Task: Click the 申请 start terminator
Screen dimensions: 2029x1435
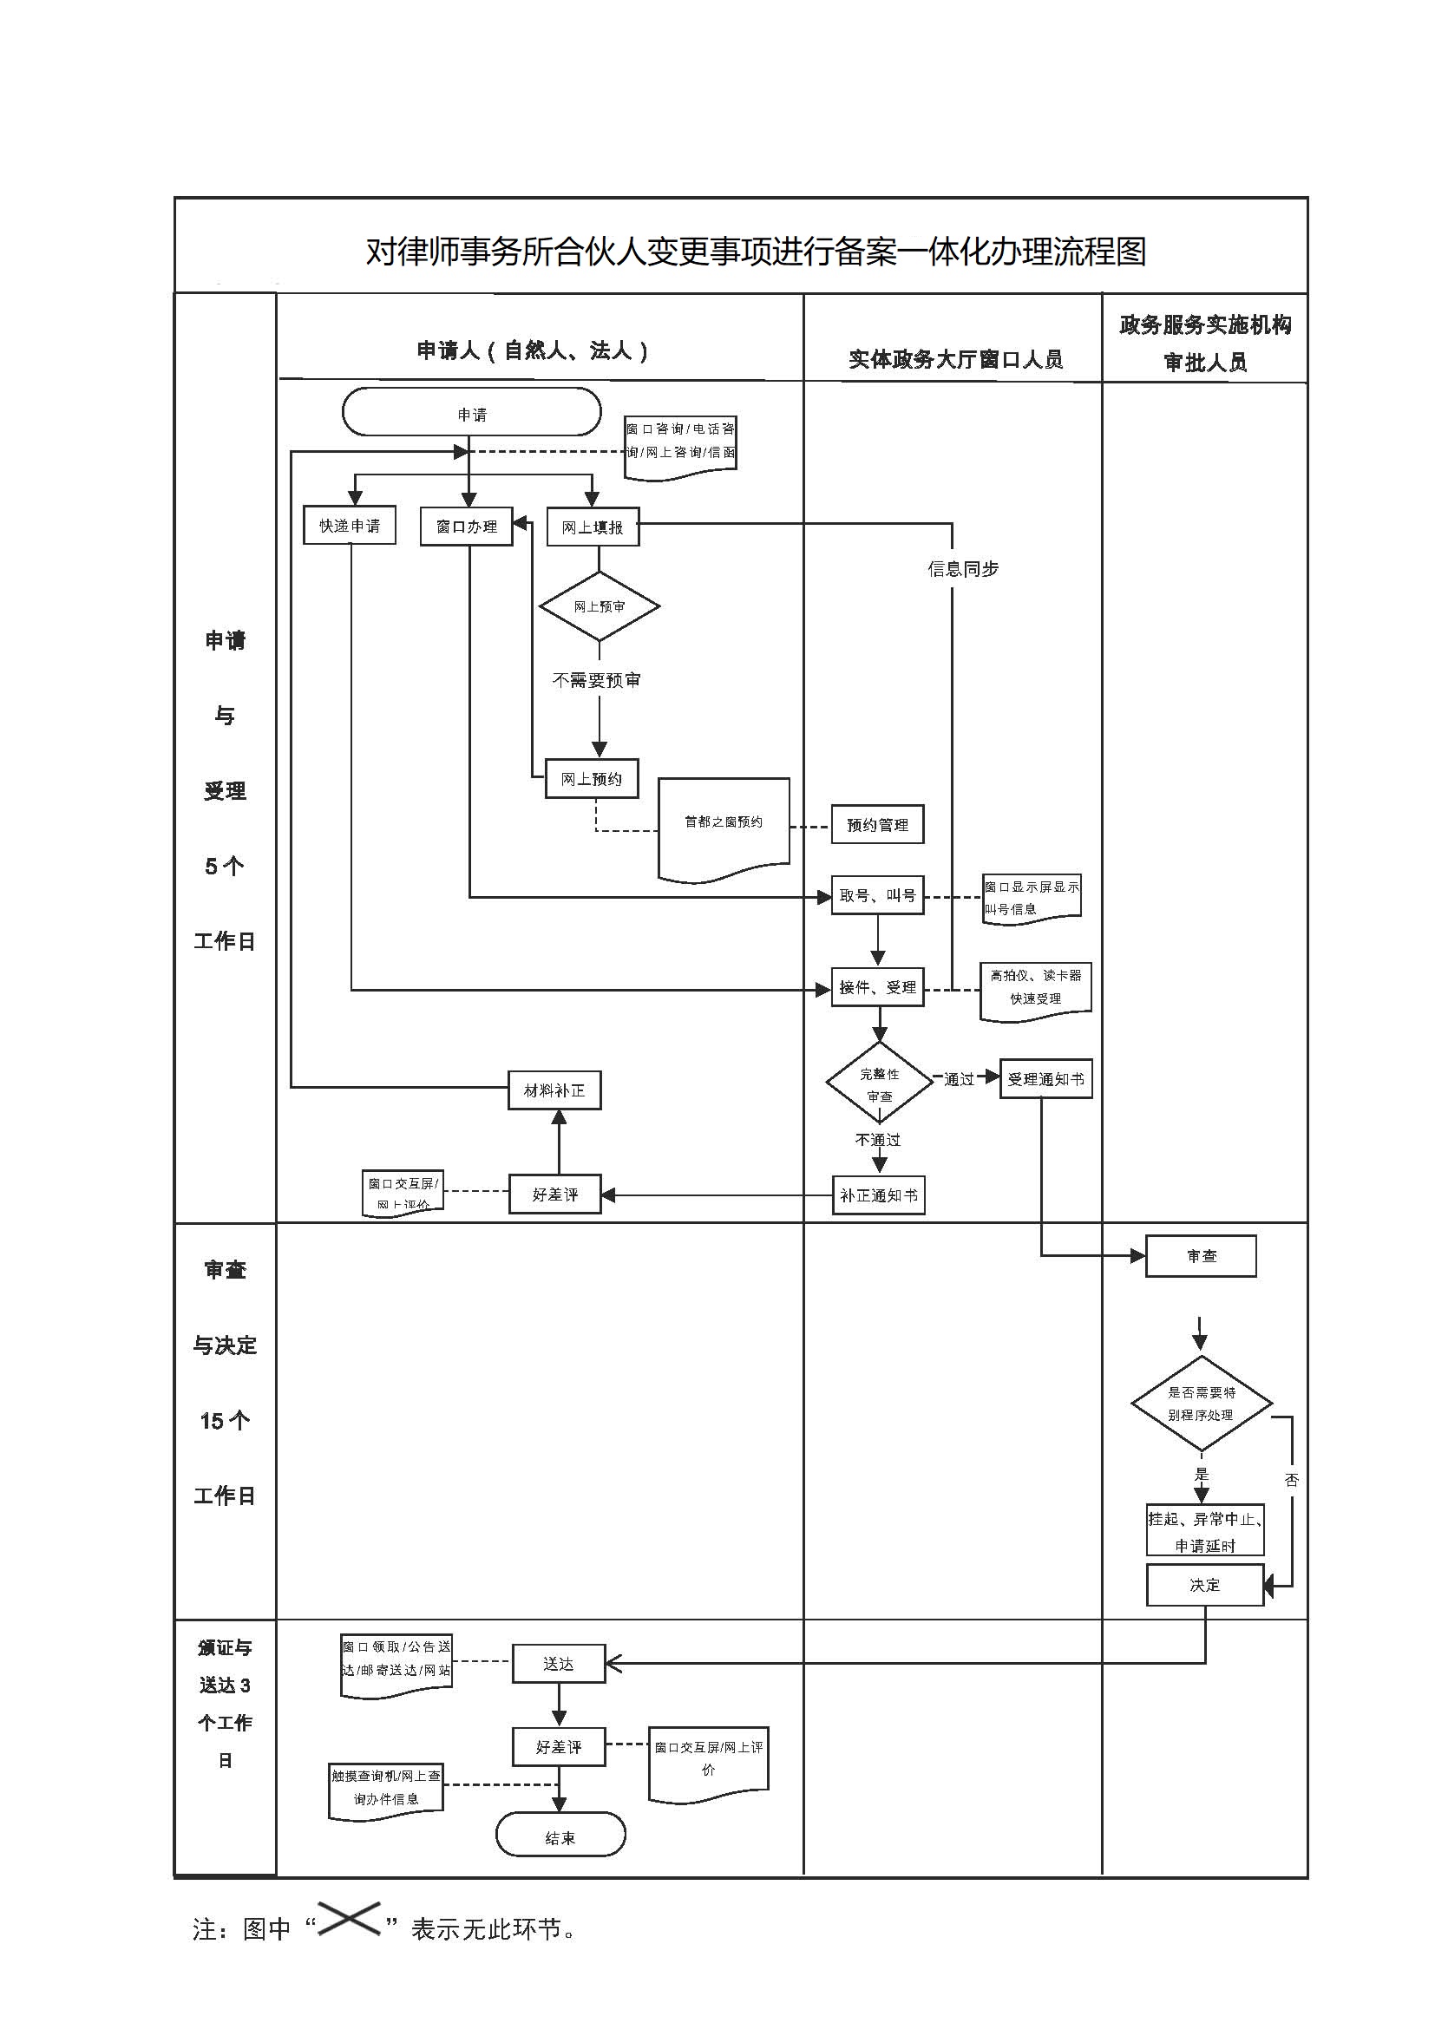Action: [x=471, y=413]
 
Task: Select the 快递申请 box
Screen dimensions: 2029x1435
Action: [x=349, y=526]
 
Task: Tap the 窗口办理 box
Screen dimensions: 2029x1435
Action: [x=467, y=527]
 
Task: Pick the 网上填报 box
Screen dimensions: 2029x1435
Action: [x=593, y=527]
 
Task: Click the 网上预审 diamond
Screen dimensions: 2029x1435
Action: [x=600, y=606]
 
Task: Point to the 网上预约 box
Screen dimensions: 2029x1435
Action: [x=591, y=778]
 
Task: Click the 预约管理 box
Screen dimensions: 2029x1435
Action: [x=877, y=824]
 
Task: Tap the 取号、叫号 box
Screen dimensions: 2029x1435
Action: [x=877, y=895]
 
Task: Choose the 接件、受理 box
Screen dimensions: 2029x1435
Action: [x=877, y=987]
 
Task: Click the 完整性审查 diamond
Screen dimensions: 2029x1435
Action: [x=879, y=1083]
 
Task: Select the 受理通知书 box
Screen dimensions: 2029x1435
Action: [x=1045, y=1079]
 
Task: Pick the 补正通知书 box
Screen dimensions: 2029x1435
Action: [x=878, y=1194]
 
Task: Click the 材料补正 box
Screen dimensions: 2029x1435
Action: [x=555, y=1090]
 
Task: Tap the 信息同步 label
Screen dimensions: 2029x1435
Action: [x=962, y=569]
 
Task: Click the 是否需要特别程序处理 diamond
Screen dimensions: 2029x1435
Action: [x=1201, y=1404]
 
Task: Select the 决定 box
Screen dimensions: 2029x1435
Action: [x=1204, y=1586]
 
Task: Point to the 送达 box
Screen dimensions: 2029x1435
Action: [x=559, y=1664]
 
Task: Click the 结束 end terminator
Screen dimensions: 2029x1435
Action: [x=560, y=1831]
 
